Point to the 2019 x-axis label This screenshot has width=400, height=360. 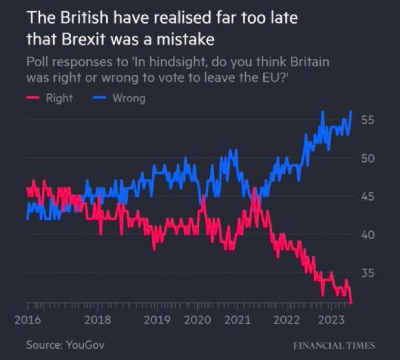coord(157,320)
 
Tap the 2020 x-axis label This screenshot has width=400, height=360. coord(197,320)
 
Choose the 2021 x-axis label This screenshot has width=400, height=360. coord(237,320)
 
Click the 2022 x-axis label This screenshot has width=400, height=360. coord(287,320)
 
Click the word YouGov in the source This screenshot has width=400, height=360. coord(85,345)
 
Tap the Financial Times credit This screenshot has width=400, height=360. coord(334,346)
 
